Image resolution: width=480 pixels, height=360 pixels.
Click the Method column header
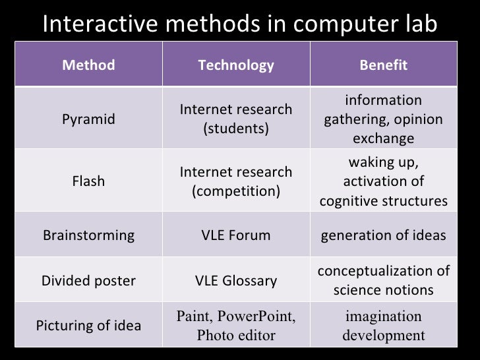pos(88,65)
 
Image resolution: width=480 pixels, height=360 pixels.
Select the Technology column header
pos(236,65)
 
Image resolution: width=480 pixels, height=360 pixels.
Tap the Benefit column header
pos(383,65)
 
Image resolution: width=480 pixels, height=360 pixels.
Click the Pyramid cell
pos(88,119)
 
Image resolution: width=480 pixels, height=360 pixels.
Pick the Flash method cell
pos(88,181)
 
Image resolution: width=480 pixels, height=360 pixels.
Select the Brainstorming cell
pos(88,235)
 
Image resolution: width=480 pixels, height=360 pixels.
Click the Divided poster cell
pos(88,281)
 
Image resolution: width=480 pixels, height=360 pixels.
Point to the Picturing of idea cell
pos(88,326)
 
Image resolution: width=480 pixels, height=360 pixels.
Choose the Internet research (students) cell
pos(236,118)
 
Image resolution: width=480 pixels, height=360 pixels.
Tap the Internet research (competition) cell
pos(236,181)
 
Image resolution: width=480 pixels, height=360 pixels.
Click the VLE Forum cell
pos(236,235)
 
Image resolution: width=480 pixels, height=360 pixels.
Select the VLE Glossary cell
pos(236,281)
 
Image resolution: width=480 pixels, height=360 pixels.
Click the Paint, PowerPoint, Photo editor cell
pos(236,326)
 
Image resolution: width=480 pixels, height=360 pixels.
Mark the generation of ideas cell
pos(383,235)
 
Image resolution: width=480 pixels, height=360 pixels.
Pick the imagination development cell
pos(383,326)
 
